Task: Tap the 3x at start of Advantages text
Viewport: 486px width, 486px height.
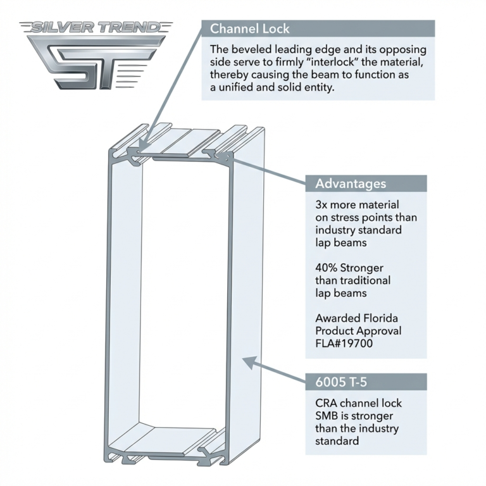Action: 323,205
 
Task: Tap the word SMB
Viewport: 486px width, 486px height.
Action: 327,416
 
